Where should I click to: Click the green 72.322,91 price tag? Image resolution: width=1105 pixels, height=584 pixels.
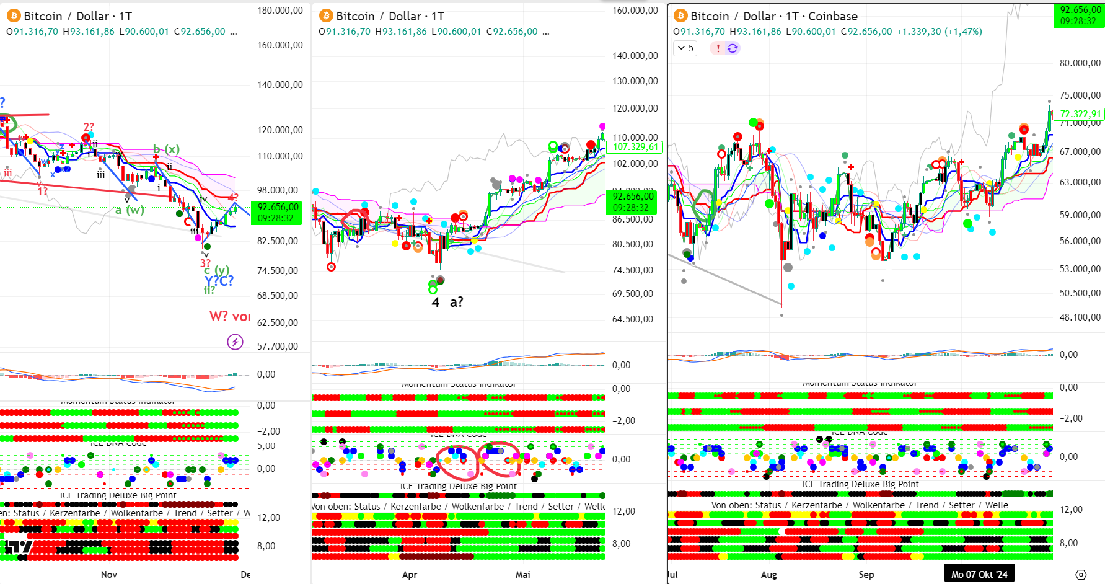click(x=1080, y=114)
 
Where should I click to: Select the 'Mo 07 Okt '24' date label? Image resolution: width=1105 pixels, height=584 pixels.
click(x=979, y=574)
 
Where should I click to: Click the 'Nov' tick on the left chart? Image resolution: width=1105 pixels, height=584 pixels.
click(x=109, y=574)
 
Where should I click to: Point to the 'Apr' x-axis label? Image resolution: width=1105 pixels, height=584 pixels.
click(x=410, y=574)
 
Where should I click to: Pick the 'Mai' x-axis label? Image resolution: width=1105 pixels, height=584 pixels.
click(x=523, y=574)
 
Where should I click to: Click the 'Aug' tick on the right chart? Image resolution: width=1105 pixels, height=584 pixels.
click(x=768, y=574)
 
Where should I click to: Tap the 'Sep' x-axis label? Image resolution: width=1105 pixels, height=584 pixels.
click(x=866, y=574)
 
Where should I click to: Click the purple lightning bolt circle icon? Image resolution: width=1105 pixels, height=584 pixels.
click(x=235, y=342)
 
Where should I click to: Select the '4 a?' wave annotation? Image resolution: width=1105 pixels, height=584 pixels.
click(x=447, y=303)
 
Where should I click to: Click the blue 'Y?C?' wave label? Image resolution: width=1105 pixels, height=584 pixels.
click(x=219, y=281)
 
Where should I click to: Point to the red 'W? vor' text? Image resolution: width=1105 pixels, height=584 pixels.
click(x=229, y=316)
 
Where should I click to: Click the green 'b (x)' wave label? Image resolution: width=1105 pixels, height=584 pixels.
click(x=166, y=149)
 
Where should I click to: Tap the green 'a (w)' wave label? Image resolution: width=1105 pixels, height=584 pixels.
click(x=130, y=210)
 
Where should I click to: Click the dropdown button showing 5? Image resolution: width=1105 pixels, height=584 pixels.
click(x=685, y=48)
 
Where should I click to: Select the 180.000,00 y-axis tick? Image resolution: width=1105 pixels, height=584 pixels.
click(x=280, y=11)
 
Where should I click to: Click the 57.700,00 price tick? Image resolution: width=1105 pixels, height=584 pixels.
click(x=278, y=347)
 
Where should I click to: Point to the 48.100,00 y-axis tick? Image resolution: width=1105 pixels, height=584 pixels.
click(x=1080, y=317)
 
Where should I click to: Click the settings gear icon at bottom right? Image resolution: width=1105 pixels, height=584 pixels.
click(x=1081, y=575)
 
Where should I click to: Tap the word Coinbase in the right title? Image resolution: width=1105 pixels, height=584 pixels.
click(x=833, y=16)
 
